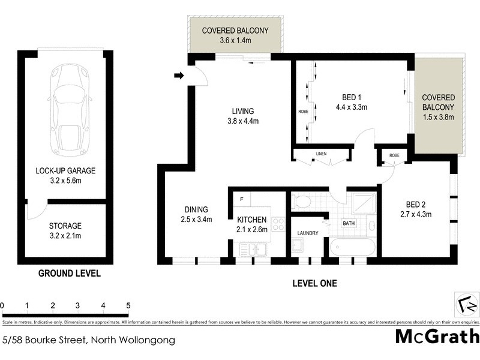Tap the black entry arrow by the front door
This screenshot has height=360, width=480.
click(x=178, y=76)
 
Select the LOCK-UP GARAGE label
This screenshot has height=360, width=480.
click(x=65, y=170)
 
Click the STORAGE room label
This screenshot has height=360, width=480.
click(x=65, y=226)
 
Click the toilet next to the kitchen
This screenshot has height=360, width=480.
click(x=302, y=201)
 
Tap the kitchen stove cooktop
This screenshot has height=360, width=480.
click(x=278, y=224)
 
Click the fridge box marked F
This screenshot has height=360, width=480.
click(x=241, y=199)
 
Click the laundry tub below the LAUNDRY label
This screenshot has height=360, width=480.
click(x=298, y=245)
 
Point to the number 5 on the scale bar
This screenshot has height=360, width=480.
click(x=128, y=305)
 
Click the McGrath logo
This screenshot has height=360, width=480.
click(x=436, y=336)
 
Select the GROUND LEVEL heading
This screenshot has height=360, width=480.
click(x=69, y=274)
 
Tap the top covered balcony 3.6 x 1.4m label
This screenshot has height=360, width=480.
click(x=234, y=35)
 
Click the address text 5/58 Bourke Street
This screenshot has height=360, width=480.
click(x=89, y=340)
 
